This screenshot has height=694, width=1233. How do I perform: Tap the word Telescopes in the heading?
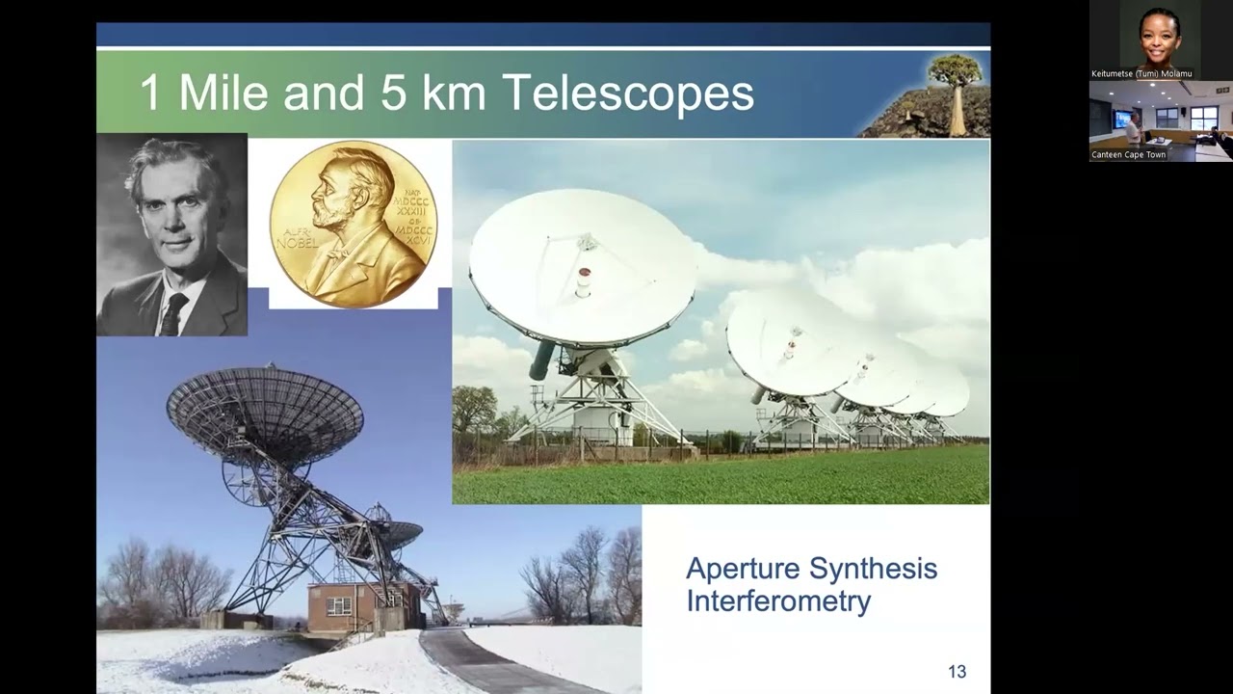[x=627, y=93]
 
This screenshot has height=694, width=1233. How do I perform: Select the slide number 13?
[x=957, y=672]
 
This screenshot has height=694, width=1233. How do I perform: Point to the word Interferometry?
[x=778, y=601]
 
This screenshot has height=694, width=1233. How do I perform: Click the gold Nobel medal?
[x=353, y=224]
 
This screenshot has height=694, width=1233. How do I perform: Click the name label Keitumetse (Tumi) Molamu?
[x=1141, y=73]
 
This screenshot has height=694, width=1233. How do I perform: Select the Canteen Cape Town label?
[x=1128, y=154]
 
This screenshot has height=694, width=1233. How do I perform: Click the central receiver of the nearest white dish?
[x=584, y=280]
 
